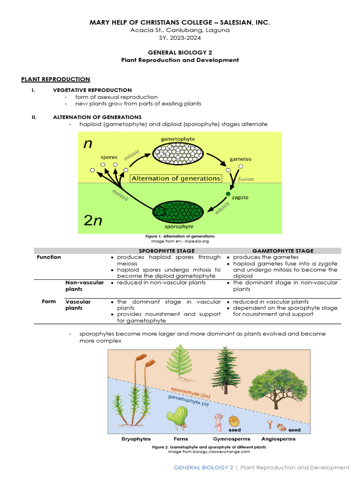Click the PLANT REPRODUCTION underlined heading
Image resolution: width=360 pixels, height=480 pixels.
point(56,79)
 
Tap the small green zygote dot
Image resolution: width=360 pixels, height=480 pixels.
point(228,194)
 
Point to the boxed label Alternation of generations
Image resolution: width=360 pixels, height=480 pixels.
point(176,178)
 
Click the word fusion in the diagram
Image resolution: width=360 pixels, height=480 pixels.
point(246,179)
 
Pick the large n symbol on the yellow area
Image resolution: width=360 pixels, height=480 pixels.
point(88,144)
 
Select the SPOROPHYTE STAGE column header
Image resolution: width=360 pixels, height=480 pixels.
point(166,251)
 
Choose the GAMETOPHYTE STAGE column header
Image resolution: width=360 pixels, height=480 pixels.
point(283,251)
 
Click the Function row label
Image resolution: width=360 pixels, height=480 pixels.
point(49,257)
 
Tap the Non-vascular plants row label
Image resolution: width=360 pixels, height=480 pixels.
point(78,285)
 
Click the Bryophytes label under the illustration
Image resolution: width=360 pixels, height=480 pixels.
point(136,439)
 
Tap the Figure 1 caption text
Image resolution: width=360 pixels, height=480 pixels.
point(180,236)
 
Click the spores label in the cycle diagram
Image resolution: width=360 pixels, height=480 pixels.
point(109,157)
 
